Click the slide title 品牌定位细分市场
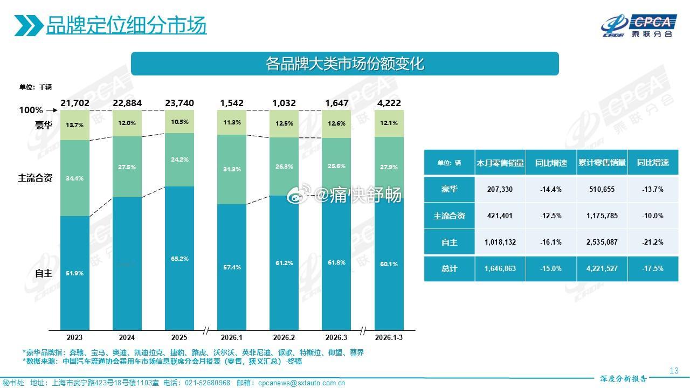[126, 25]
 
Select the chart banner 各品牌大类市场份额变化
[345, 64]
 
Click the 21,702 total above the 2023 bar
[74, 103]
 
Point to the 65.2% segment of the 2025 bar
[180, 259]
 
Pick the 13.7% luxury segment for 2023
[74, 125]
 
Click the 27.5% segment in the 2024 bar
[127, 167]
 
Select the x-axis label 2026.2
[284, 337]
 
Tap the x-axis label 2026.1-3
[389, 337]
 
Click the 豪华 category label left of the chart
[43, 126]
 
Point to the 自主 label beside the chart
[43, 273]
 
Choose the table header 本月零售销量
[500, 163]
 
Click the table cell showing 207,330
[500, 190]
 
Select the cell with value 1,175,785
[602, 216]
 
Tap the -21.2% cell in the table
[653, 242]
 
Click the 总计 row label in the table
[449, 268]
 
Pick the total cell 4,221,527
[602, 268]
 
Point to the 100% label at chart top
[31, 110]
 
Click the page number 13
[673, 370]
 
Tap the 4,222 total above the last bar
[389, 103]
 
